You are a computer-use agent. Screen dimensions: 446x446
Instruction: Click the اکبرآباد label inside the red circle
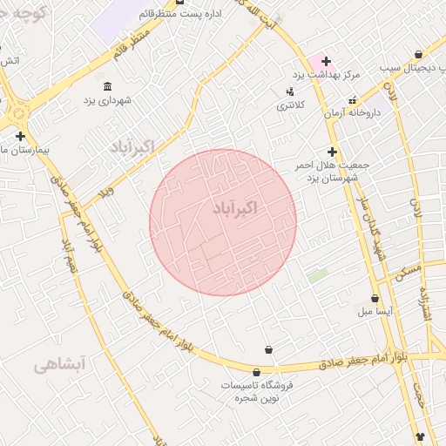(x=235, y=209)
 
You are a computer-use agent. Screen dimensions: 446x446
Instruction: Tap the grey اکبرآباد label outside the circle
(x=132, y=147)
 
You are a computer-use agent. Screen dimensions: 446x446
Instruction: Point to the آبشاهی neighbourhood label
(x=60, y=366)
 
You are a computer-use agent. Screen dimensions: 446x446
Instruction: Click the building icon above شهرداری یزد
(x=107, y=85)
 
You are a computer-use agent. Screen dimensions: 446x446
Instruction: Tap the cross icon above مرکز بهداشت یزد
(x=326, y=61)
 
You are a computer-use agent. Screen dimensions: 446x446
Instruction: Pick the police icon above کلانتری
(x=290, y=91)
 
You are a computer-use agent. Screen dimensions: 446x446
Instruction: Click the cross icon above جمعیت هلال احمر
(x=332, y=152)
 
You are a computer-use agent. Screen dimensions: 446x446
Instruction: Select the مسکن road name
(x=407, y=271)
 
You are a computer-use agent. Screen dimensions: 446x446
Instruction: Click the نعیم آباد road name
(x=67, y=253)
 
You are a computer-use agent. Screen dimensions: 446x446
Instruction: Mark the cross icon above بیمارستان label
(x=19, y=136)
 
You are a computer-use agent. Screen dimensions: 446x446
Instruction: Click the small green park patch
(x=318, y=275)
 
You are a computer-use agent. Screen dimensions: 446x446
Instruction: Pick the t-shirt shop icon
(x=421, y=438)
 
